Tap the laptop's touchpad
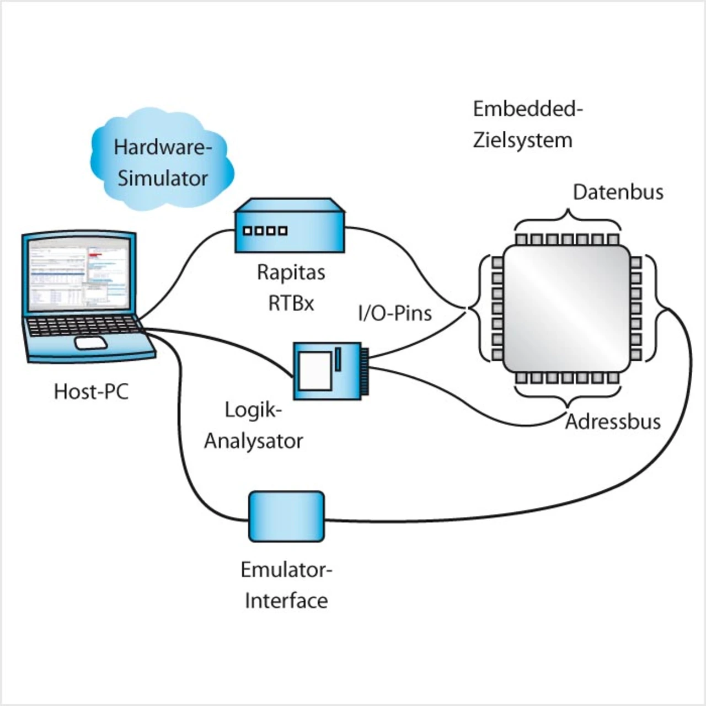point(91,343)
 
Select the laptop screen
point(79,274)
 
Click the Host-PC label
point(91,392)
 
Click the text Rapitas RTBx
point(291,287)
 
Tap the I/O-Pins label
point(395,313)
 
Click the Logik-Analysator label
point(254,425)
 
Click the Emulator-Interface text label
point(286,585)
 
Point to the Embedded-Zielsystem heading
point(527,125)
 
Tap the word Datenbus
point(618,192)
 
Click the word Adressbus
point(613,421)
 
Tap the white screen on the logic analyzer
point(314,371)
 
